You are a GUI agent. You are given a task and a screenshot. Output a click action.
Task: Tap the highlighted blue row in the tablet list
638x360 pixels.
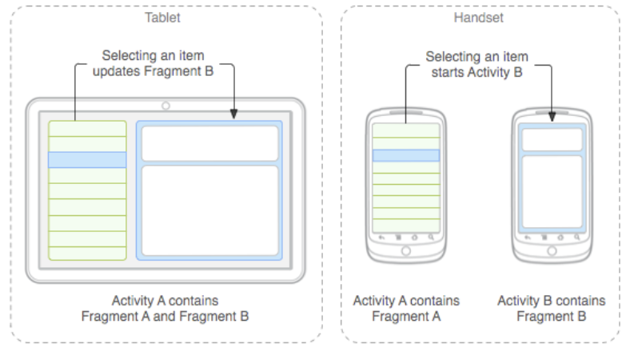point(87,159)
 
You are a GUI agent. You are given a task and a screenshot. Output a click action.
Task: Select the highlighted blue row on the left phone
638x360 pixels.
point(406,155)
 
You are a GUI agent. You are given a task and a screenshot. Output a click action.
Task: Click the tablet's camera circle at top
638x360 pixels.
point(165,106)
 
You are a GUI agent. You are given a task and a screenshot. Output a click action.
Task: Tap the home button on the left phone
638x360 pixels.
point(406,251)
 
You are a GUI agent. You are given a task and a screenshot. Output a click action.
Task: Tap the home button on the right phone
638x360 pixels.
point(552,251)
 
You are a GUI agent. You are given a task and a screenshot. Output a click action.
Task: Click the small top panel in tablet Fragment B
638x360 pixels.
point(210,142)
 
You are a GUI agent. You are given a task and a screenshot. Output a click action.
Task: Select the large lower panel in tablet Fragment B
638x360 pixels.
point(210,210)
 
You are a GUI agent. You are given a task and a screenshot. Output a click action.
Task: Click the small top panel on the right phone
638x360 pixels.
point(552,139)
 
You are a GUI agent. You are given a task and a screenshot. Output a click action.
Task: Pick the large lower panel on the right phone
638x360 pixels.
point(552,190)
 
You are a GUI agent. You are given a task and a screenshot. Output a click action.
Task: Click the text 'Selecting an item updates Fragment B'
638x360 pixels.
point(158,64)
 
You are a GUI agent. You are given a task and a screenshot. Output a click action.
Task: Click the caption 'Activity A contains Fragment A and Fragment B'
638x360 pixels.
point(165,308)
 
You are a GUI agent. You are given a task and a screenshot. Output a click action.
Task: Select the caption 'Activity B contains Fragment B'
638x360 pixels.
point(551,308)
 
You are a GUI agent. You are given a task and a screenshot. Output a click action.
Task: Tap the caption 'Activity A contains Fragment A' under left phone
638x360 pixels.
point(406,308)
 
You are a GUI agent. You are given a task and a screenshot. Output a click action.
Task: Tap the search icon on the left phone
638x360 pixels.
point(432,238)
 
